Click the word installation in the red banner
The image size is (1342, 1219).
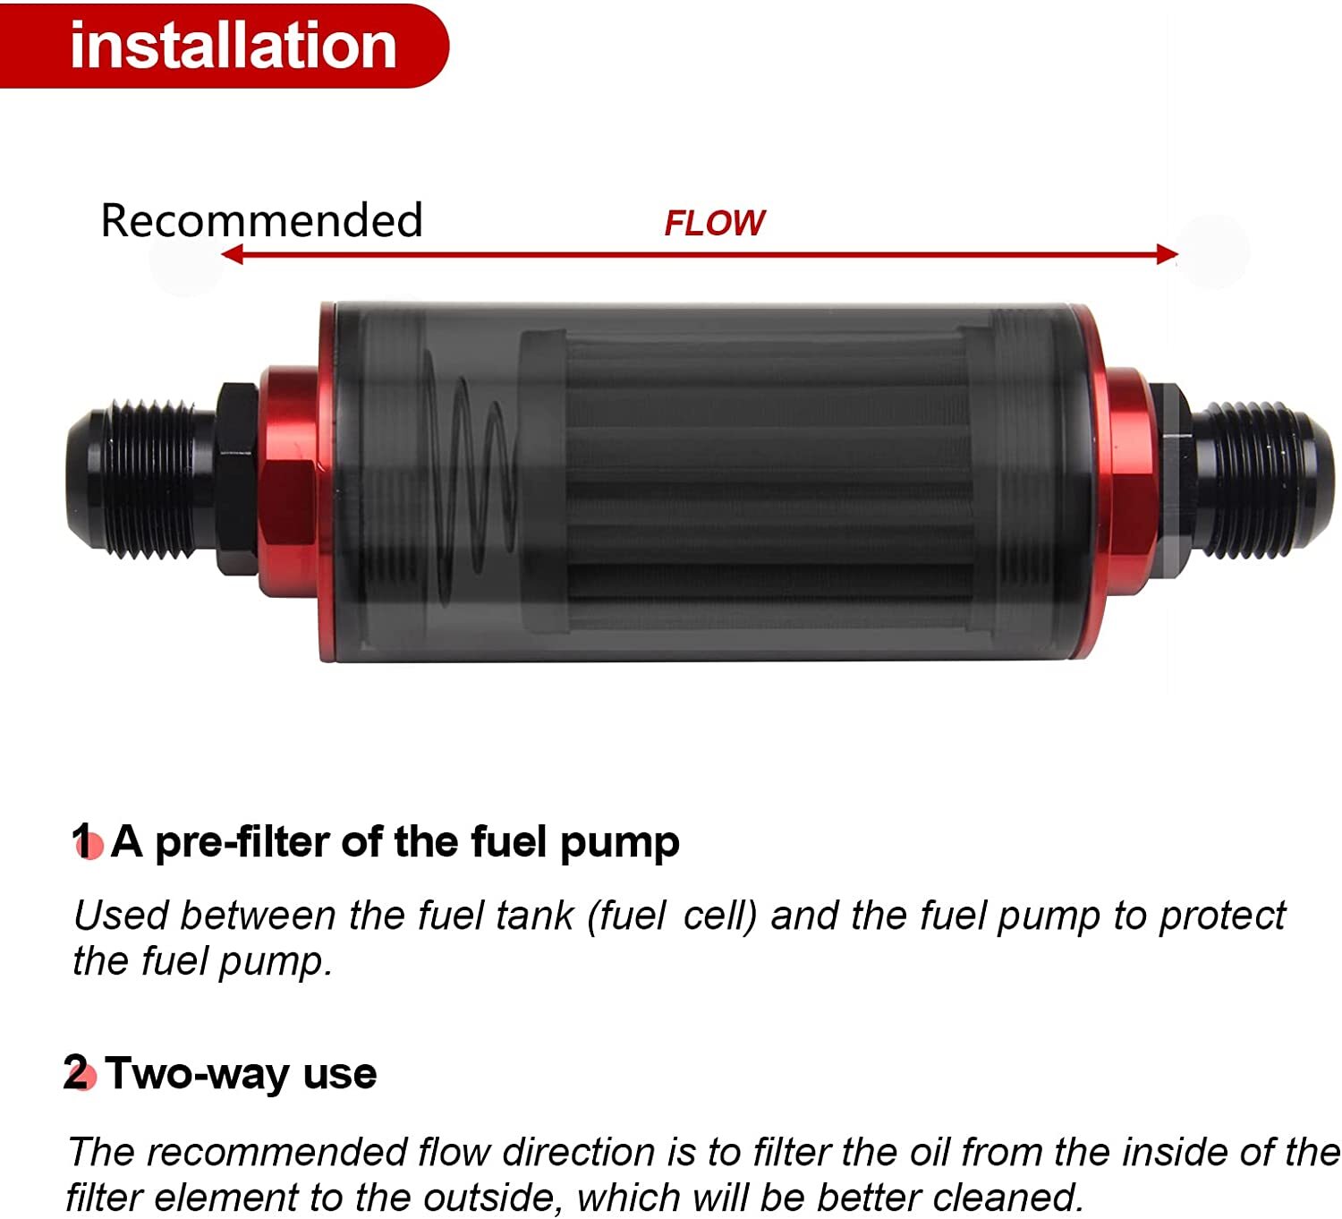233,46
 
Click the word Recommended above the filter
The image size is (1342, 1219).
261,220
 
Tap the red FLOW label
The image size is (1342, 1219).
714,223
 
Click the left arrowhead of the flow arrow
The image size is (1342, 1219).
232,255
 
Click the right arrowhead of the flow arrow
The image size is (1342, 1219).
1167,255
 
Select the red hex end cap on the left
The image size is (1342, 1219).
288,483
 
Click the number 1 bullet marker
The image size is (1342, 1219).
87,842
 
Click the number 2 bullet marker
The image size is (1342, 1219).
79,1073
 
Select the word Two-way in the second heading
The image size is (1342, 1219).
198,1073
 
